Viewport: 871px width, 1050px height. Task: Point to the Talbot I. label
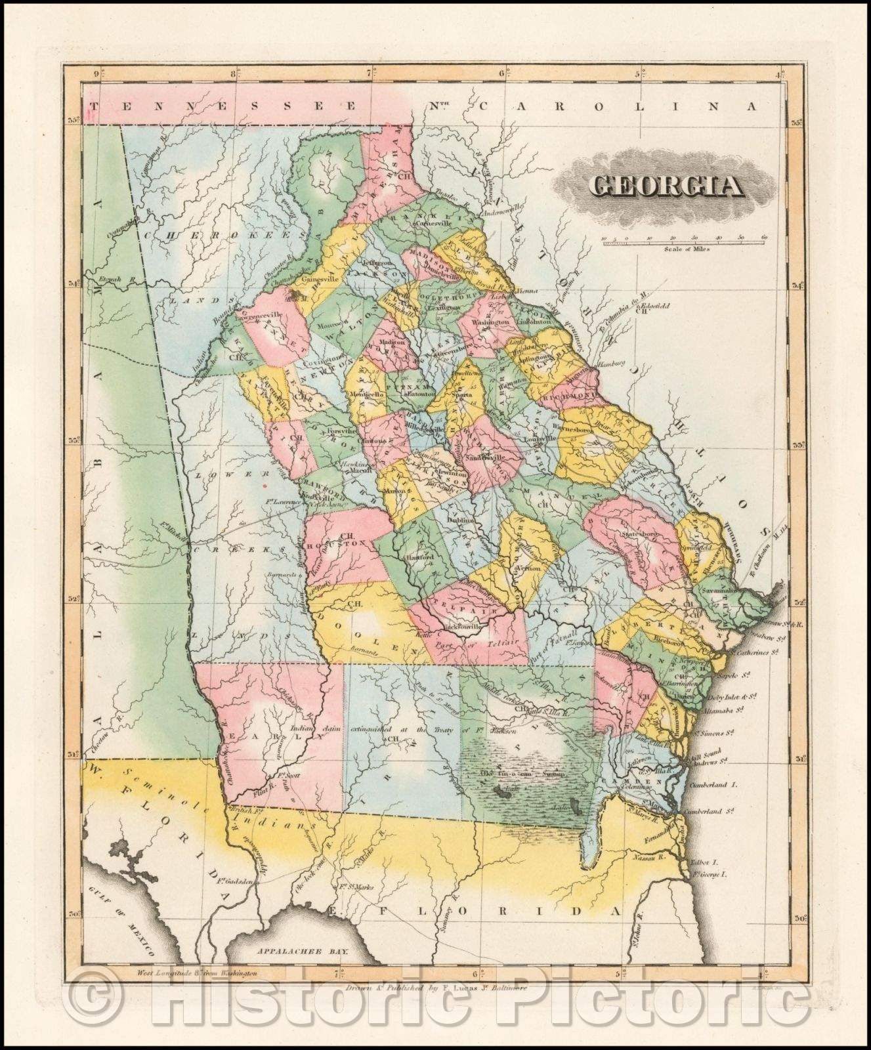pos(706,864)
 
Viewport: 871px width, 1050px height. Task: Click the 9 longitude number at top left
pos(96,75)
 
